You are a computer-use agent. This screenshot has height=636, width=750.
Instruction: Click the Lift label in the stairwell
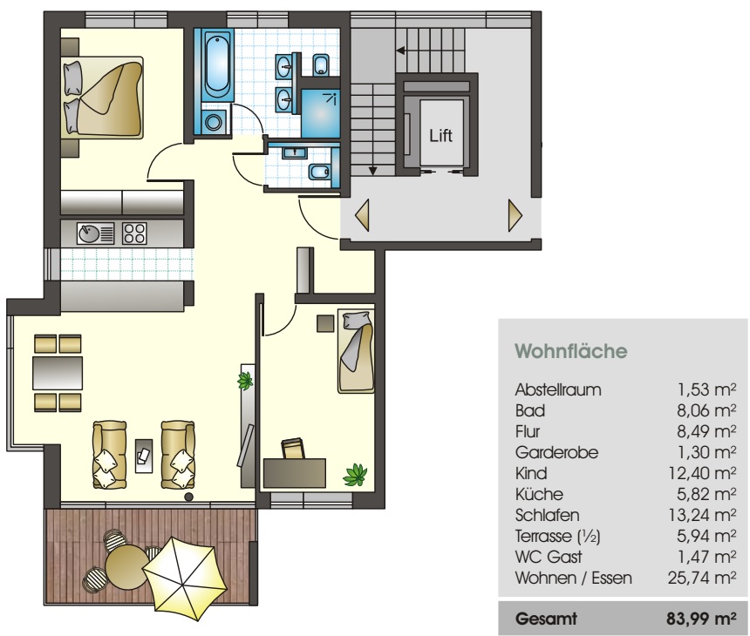tap(440, 135)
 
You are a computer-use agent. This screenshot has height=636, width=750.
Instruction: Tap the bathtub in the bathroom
tap(216, 65)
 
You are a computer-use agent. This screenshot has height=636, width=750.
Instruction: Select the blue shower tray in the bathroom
tap(320, 113)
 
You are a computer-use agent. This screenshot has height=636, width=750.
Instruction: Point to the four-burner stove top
tap(134, 233)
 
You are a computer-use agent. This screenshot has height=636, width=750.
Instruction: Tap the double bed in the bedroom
tap(103, 98)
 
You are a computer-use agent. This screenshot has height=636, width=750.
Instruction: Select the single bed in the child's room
tap(356, 351)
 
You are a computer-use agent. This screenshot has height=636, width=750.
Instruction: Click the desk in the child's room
tap(294, 473)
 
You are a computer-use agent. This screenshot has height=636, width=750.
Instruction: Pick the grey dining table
tap(58, 373)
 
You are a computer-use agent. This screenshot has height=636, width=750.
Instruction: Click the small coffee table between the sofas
tap(144, 456)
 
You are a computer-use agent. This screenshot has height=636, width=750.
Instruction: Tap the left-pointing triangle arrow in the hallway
tap(362, 215)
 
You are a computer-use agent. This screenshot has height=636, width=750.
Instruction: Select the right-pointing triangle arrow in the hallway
tap(515, 215)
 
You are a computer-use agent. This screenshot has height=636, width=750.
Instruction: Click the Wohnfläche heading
tap(571, 351)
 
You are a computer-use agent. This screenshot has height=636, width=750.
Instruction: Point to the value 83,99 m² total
tap(701, 619)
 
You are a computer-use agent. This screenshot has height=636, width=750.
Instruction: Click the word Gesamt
tap(546, 619)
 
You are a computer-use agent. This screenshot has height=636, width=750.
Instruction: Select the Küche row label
tap(539, 494)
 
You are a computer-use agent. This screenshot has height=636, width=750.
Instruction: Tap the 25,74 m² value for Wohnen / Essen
tap(702, 578)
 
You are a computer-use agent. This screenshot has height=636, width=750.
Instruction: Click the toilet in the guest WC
tap(319, 171)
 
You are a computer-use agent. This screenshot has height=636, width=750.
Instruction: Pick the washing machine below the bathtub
tap(214, 122)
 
